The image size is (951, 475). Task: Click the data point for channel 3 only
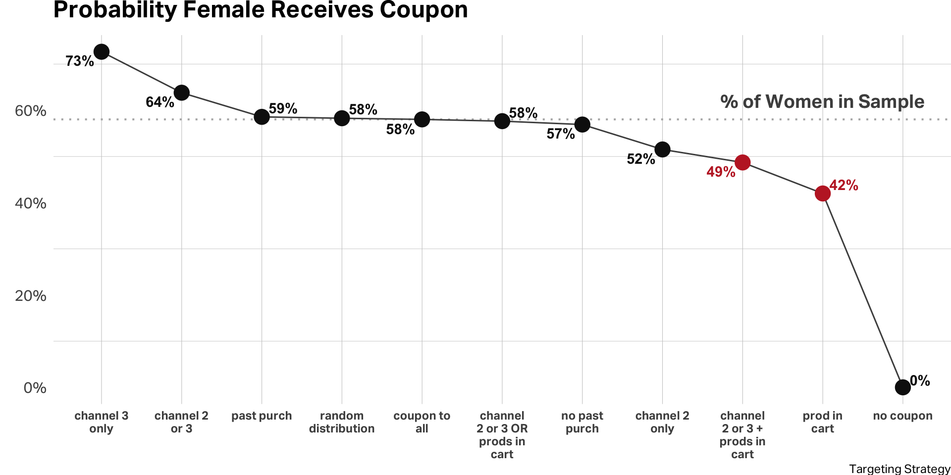[x=102, y=51]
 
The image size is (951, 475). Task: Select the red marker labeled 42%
[x=823, y=193]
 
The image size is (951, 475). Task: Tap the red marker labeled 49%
[x=742, y=162]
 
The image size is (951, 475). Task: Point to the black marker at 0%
[x=903, y=387]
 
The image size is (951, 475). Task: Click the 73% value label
[x=80, y=61]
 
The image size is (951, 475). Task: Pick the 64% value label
[x=160, y=102]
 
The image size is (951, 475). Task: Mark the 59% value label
[x=283, y=109]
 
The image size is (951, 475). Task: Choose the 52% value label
[x=641, y=159]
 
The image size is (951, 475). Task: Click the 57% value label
[x=561, y=134]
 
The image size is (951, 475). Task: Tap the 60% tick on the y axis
[x=31, y=111]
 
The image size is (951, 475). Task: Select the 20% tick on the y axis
[x=31, y=296]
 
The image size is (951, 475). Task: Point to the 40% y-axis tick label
[x=31, y=203]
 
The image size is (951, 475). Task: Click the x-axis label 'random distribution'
[x=342, y=422]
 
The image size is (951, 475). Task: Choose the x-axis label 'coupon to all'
[x=422, y=422]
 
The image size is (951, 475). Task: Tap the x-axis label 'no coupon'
[x=902, y=416]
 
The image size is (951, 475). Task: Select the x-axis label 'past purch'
[x=262, y=416]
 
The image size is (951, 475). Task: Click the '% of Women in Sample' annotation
[x=822, y=102]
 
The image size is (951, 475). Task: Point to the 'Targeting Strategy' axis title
[x=899, y=469]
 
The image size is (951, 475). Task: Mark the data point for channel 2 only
[x=662, y=149]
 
